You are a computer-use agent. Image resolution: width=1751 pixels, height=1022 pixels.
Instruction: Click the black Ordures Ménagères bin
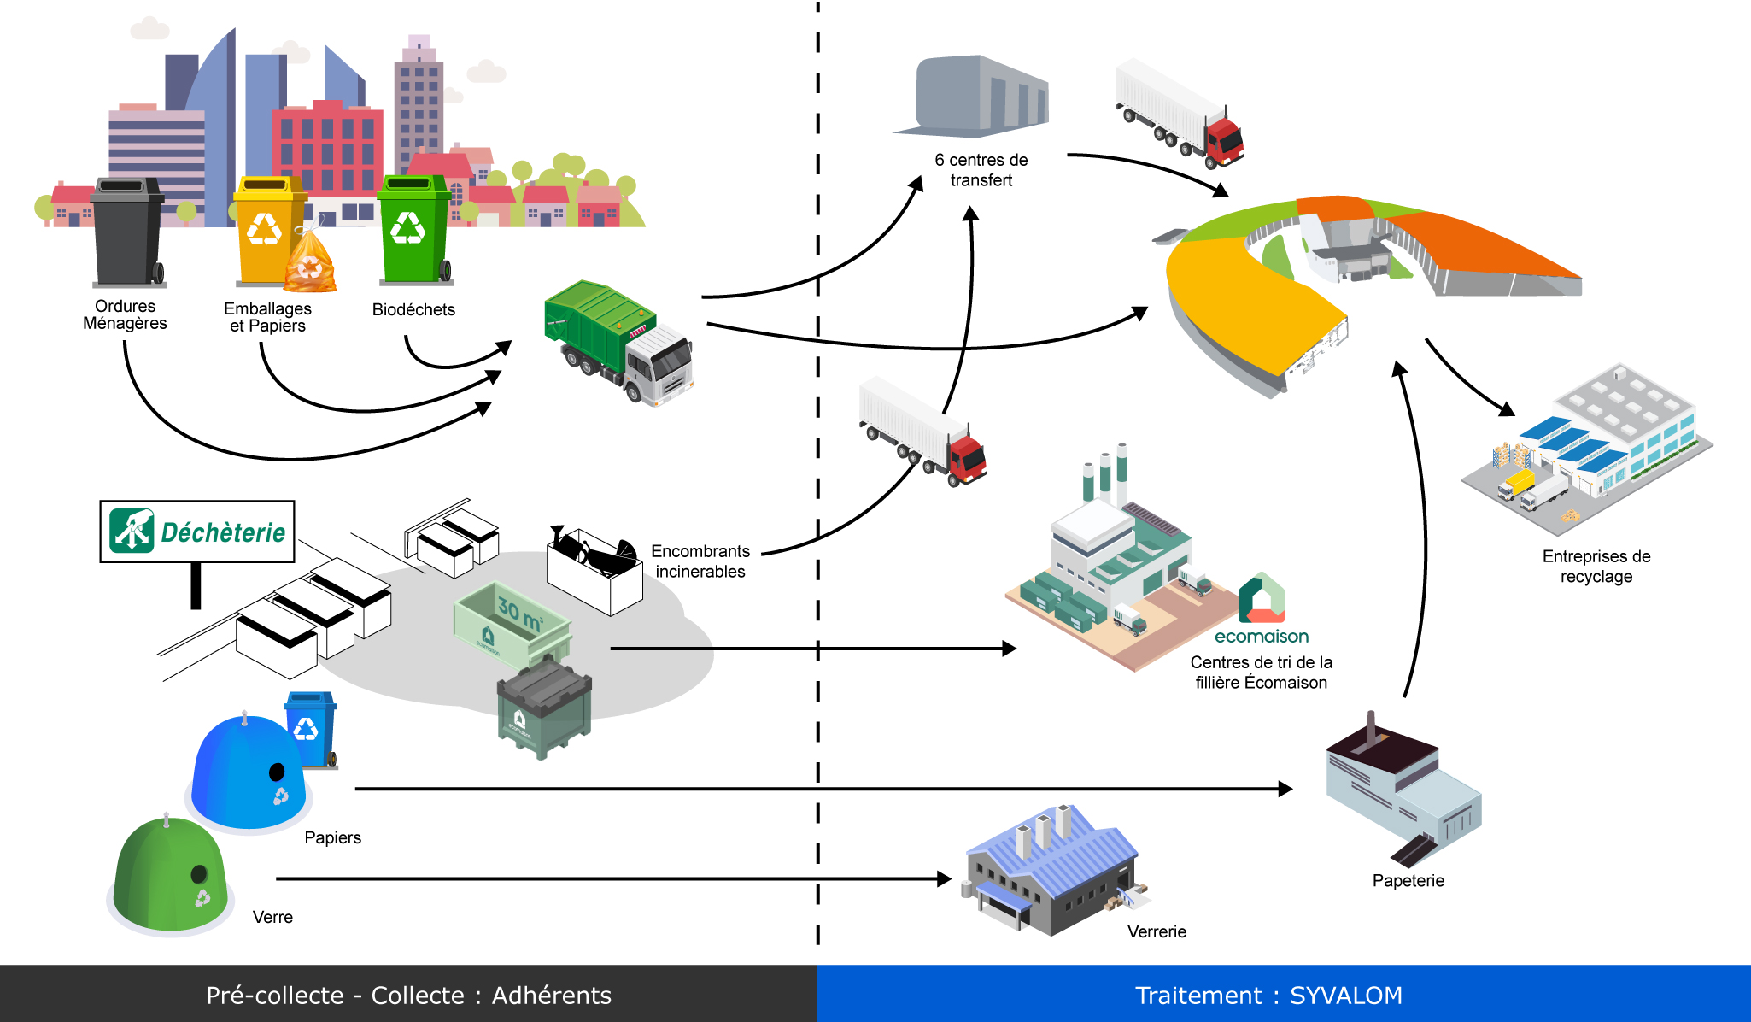(127, 232)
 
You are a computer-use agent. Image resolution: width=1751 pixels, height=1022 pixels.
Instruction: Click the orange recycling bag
(310, 264)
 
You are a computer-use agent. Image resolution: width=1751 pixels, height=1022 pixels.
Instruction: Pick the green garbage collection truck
(618, 342)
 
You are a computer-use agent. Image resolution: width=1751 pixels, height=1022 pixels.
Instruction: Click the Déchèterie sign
(197, 532)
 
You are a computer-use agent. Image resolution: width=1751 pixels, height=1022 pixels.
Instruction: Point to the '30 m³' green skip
(512, 625)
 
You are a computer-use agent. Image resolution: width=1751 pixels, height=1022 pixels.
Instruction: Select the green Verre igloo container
(171, 876)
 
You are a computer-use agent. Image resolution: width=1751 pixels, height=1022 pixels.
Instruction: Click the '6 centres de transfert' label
(981, 170)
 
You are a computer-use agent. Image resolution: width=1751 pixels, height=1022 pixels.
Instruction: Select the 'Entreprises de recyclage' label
(1596, 567)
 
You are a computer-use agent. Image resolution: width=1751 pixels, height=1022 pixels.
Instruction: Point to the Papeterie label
(1408, 881)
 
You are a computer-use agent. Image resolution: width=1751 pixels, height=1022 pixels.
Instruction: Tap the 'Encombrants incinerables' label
(700, 561)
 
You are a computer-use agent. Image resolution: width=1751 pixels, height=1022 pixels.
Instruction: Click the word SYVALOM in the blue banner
(1345, 996)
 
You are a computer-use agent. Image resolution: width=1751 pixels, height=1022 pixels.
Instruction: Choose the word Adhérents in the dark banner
(551, 996)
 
